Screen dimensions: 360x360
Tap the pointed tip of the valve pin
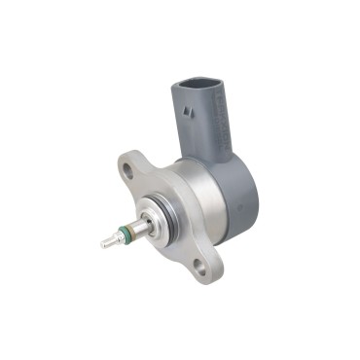[103, 243]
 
